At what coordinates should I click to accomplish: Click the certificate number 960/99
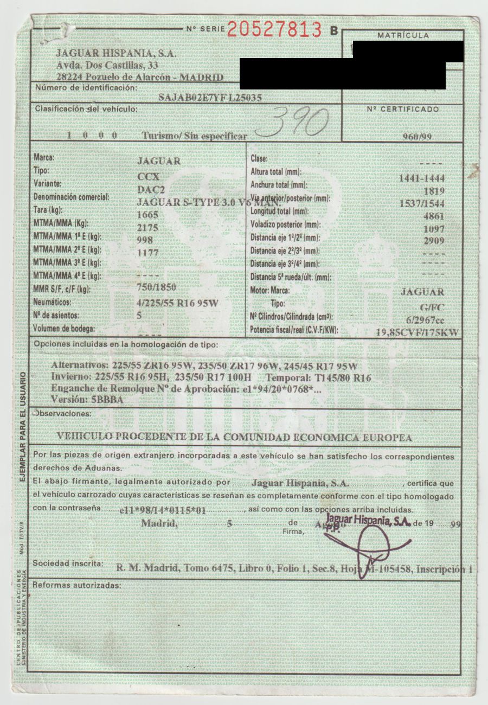pos(417,136)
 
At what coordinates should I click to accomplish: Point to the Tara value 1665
pos(149,214)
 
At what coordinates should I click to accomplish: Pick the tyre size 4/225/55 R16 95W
pos(177,303)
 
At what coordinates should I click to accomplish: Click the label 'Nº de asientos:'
pos(56,315)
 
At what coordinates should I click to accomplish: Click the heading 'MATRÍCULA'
pos(403,35)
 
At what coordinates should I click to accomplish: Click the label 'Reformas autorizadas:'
pos(75,586)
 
